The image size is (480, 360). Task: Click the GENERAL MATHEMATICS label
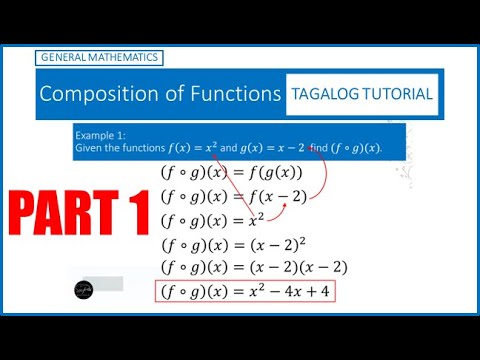pos(98,58)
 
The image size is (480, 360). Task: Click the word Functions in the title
pos(235,95)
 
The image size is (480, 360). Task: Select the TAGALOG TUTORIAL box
pos(362,95)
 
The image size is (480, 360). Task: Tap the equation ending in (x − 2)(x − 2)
pos(254,267)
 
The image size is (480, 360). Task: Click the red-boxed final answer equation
pos(244,292)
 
